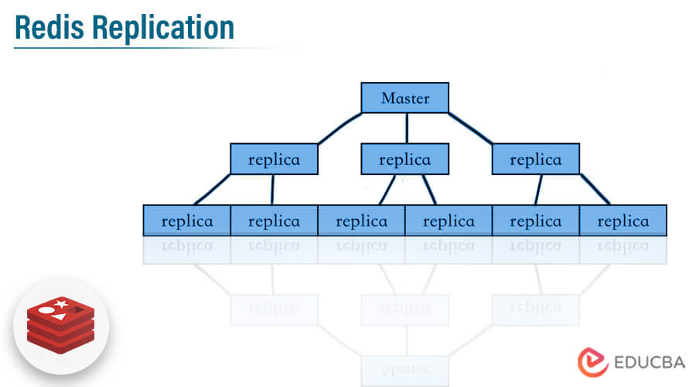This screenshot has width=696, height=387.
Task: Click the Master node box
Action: point(405,98)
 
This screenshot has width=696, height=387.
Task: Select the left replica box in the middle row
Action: point(275,159)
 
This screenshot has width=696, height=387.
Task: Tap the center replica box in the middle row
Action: point(405,159)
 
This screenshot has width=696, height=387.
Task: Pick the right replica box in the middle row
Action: point(536,159)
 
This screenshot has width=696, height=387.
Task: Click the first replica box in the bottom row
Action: point(187,221)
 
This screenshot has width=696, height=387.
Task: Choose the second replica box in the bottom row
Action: point(274,221)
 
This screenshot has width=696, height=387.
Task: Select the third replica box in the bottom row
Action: point(361,221)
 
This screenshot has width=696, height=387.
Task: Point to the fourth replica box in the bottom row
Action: point(449,221)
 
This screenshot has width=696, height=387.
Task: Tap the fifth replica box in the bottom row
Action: point(536,221)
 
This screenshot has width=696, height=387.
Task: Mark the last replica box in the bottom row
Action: point(623,221)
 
